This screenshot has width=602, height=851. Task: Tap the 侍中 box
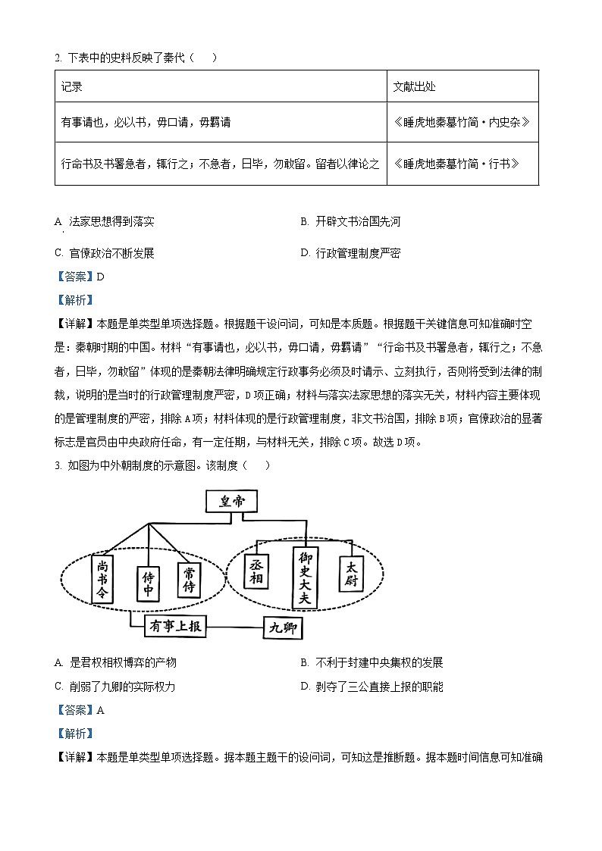[149, 584]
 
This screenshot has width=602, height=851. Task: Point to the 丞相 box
[256, 570]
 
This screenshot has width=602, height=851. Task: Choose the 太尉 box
[350, 575]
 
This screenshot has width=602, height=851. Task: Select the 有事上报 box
[177, 627]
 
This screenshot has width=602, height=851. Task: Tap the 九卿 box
[282, 628]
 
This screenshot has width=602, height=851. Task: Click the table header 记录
[72, 86]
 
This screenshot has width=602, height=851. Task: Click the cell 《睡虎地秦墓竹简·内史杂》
[462, 122]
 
